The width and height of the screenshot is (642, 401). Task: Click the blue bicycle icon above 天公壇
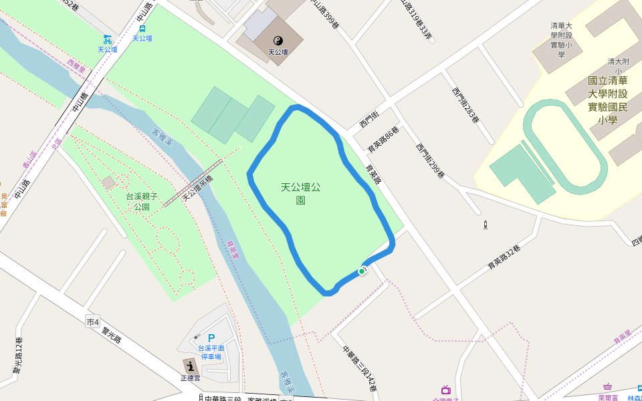pyautogui.click(x=107, y=39)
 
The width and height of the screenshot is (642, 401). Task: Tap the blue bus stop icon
pyautogui.click(x=142, y=29)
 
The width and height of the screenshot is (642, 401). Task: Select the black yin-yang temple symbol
pyautogui.click(x=278, y=41)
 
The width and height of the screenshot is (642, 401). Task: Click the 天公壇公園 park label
pyautogui.click(x=300, y=193)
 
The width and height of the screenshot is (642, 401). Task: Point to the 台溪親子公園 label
pyautogui.click(x=142, y=201)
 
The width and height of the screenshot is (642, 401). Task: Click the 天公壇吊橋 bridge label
pyautogui.click(x=197, y=188)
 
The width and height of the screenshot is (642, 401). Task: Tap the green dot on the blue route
pyautogui.click(x=362, y=271)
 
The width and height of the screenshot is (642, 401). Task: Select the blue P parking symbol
pyautogui.click(x=211, y=338)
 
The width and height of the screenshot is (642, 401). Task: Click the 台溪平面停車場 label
pyautogui.click(x=211, y=352)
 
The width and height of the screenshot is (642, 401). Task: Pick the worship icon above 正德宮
pyautogui.click(x=191, y=366)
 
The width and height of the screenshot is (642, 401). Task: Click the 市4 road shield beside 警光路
pyautogui.click(x=93, y=322)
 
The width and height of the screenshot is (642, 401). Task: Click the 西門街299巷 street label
pyautogui.click(x=430, y=161)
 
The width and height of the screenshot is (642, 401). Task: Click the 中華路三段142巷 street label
pyautogui.click(x=360, y=368)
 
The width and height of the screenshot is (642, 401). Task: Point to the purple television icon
pyautogui.click(x=446, y=390)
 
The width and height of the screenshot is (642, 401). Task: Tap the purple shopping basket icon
pyautogui.click(x=607, y=387)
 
